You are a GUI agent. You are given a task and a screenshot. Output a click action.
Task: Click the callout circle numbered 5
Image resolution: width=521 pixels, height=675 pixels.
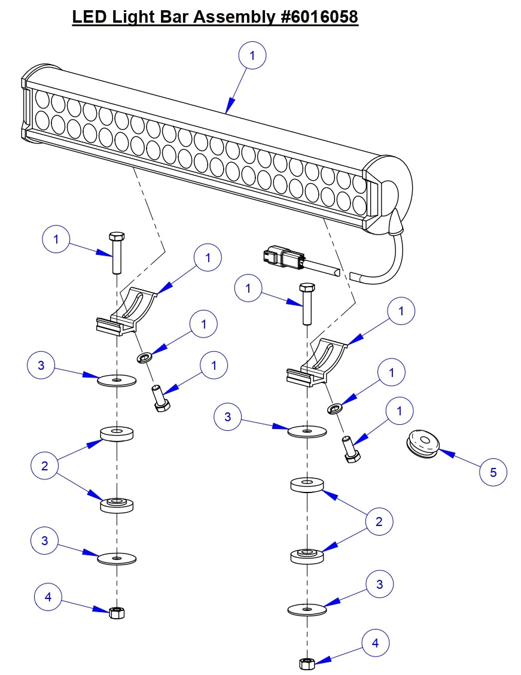(493, 472)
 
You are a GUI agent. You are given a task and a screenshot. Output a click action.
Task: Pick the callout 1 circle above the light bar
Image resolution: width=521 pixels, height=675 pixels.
(252, 56)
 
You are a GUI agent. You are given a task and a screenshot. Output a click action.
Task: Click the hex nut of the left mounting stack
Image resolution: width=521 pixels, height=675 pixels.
(117, 612)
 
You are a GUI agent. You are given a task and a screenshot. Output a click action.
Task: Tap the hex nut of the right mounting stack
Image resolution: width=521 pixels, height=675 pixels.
(306, 663)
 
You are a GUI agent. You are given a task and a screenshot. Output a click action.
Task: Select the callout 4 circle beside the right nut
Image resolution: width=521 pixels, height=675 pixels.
(375, 643)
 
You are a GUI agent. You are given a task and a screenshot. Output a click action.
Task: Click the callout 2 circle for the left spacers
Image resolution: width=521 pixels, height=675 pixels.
(45, 466)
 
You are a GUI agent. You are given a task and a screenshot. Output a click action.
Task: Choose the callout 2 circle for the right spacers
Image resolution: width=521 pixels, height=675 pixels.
(379, 521)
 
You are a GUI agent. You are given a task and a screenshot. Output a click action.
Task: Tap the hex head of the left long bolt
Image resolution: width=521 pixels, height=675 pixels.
(116, 235)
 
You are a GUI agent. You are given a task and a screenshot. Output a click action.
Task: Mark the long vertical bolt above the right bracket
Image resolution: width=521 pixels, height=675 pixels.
(307, 303)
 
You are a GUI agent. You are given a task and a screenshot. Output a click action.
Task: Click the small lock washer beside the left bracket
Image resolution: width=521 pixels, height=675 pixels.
(144, 358)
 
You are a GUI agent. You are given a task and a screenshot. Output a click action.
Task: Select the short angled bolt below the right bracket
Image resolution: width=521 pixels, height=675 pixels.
(350, 449)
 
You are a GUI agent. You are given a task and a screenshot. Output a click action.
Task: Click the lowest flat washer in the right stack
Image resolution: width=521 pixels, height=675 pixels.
(307, 610)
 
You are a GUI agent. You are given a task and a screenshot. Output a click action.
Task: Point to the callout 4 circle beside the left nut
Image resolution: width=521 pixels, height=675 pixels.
(48, 597)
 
